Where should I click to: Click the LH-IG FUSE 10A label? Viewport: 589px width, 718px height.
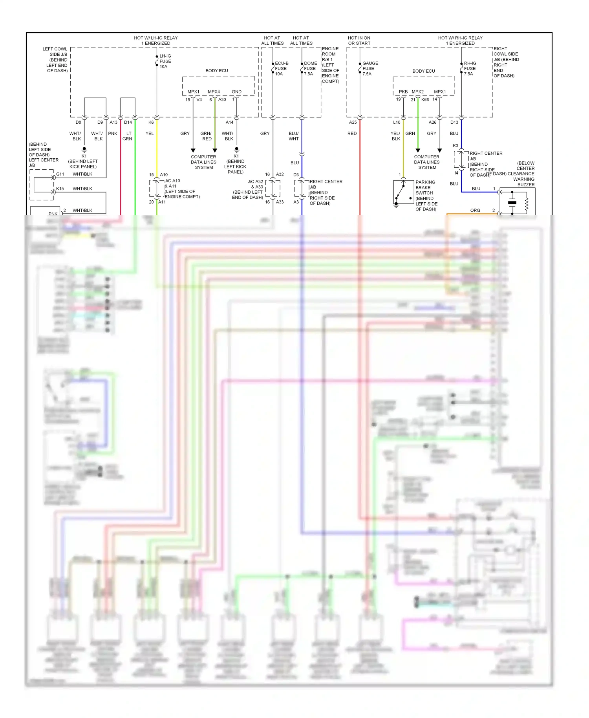pos(165,61)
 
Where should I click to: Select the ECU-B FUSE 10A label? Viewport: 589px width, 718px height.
pos(281,68)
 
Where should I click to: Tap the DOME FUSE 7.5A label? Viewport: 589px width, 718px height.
pos(310,68)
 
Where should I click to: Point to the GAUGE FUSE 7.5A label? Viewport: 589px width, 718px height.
pos(369,68)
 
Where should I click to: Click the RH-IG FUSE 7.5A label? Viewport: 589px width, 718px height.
pos(470,68)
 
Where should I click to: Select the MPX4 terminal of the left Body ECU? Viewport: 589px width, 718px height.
pos(214,92)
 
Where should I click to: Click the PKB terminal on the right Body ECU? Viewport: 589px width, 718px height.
pos(403,92)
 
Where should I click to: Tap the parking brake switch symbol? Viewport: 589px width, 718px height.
pos(403,192)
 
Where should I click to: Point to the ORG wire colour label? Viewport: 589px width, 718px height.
pos(475,211)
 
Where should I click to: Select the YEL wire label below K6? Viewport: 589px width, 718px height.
pos(150,134)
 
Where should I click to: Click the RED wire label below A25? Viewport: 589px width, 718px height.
pos(352,134)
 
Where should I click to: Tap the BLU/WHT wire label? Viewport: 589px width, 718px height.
pos(293,136)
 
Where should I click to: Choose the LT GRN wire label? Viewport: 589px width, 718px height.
pos(128,136)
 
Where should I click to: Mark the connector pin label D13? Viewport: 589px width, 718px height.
pos(454,123)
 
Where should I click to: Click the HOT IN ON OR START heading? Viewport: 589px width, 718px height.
pos(359,40)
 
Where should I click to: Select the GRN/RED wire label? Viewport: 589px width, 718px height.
pos(206,136)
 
